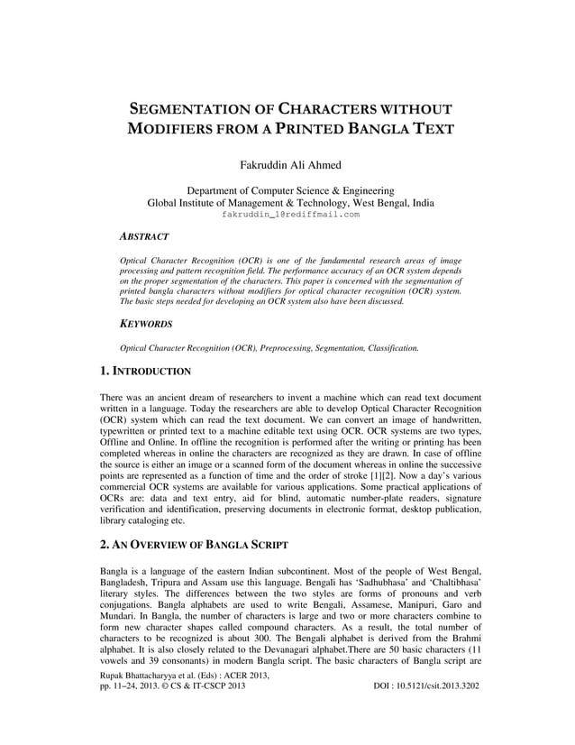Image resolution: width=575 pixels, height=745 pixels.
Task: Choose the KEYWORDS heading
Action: (x=147, y=323)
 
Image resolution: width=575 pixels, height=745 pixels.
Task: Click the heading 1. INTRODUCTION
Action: (x=145, y=371)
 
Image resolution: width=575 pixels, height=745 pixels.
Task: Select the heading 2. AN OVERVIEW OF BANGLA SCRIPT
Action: (x=194, y=545)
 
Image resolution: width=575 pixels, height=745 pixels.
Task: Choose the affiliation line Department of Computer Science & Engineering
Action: (x=289, y=191)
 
